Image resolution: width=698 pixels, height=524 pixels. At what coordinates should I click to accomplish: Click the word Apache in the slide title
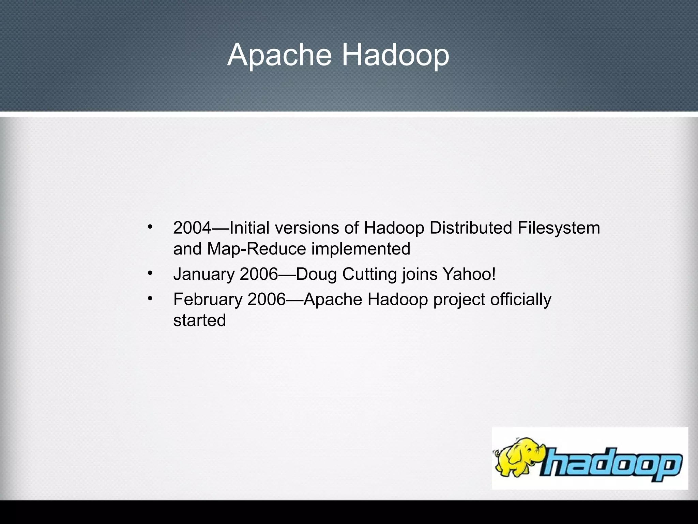pos(279,55)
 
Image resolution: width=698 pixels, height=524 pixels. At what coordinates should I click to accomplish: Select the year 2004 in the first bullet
pos(192,228)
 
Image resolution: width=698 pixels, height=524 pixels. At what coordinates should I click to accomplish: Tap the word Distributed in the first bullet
pos(471,228)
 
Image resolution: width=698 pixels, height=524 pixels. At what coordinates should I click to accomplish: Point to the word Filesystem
pos(559,228)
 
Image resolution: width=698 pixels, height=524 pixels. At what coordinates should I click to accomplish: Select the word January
pos(204,274)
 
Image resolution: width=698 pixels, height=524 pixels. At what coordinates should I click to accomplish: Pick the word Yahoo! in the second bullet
pos(469,274)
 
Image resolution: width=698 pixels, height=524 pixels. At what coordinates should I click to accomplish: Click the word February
pos(208,299)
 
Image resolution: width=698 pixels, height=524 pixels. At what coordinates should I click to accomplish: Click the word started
pos(199,320)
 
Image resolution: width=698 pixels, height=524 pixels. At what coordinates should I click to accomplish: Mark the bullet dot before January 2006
pos(150,273)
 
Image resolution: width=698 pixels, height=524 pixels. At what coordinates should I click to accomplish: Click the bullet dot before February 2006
pos(150,298)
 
